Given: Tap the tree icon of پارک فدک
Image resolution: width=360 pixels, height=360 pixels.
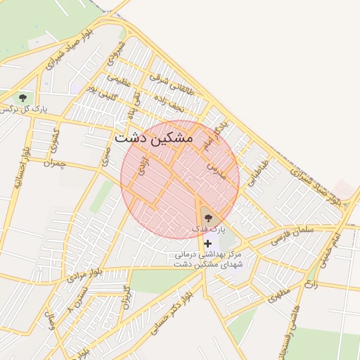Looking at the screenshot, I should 207,218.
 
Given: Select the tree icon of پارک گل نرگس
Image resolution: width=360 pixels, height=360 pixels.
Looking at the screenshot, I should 22,98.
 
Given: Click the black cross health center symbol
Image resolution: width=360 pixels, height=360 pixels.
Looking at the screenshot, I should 207,243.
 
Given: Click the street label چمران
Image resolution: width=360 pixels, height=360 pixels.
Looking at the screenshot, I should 54,163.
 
